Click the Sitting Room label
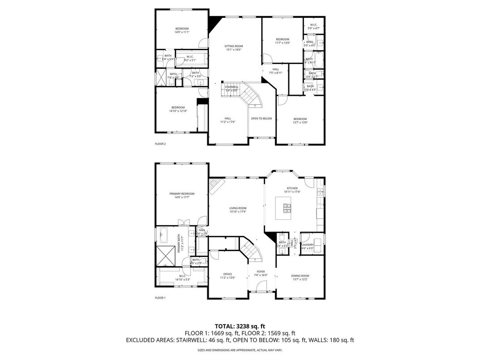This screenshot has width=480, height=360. pyautogui.click(x=233, y=48)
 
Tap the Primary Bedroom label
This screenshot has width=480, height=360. pyautogui.click(x=182, y=195)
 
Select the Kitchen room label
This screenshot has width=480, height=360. pyautogui.click(x=292, y=190)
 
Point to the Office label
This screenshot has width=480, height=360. pyautogui.click(x=227, y=276)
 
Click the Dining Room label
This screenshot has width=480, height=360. pyautogui.click(x=300, y=278)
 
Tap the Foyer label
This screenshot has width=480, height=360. pyautogui.click(x=260, y=273)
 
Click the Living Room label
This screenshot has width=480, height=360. pyautogui.click(x=238, y=210)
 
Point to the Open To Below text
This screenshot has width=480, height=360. pyautogui.click(x=261, y=119)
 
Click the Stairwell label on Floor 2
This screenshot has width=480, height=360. pyautogui.click(x=231, y=88)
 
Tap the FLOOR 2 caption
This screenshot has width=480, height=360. pyautogui.click(x=160, y=144)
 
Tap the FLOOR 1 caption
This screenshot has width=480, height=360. pyautogui.click(x=160, y=298)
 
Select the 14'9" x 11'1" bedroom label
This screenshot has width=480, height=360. pyautogui.click(x=182, y=30)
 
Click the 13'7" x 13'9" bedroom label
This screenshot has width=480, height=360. pyautogui.click(x=300, y=120)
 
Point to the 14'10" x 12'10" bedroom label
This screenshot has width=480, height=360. pyautogui.click(x=178, y=109)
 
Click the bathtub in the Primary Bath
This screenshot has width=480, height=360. pyautogui.click(x=163, y=234)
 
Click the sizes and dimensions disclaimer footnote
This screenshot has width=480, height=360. pyautogui.click(x=240, y=350)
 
